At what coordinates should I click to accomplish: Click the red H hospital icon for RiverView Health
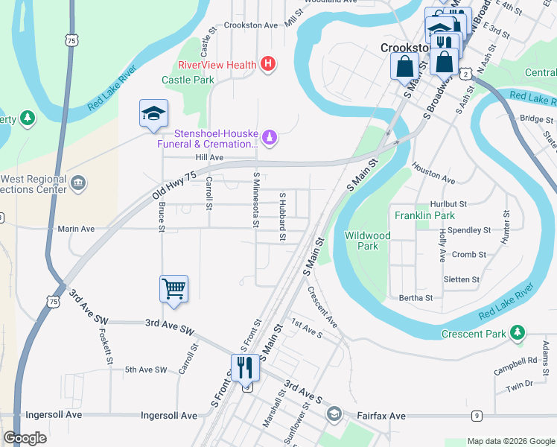pos(268,65)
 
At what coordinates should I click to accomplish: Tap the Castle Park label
pos(188,80)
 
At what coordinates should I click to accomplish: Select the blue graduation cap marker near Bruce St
pos(153,114)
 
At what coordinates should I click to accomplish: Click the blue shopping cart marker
pos(174,287)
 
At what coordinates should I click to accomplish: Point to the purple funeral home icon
pos(270,137)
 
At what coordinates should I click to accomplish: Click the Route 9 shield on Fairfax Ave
pos(477,415)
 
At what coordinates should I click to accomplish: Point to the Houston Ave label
pos(433,175)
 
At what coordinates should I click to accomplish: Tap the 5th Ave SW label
pos(147,370)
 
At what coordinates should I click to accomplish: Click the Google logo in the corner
pos(25,438)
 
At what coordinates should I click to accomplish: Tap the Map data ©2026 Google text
pos(510,441)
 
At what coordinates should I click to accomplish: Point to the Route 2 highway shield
pos(465,74)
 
